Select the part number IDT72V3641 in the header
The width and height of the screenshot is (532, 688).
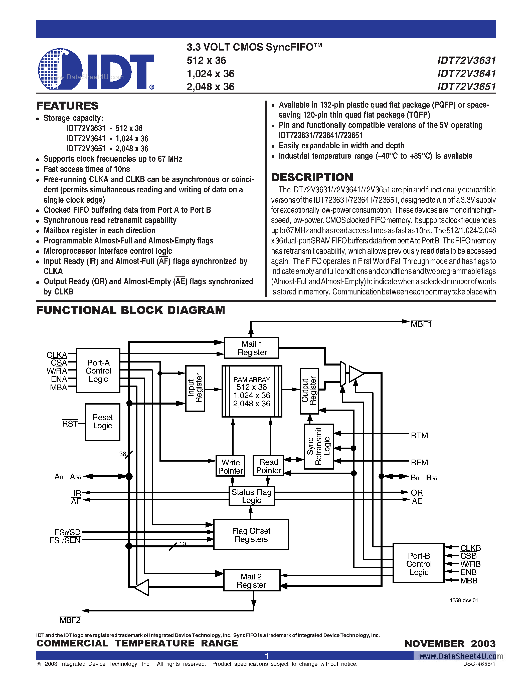[466, 73]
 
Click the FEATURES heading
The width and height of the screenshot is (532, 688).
[67, 106]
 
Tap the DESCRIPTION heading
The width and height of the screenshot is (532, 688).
[312, 177]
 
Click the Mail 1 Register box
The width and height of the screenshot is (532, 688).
[251, 348]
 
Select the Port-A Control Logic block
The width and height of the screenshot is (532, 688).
[98, 371]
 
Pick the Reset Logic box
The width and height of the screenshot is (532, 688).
[102, 422]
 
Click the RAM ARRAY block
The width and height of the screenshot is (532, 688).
[252, 391]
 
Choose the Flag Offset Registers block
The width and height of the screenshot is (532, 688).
[251, 535]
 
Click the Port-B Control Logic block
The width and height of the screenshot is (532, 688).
[418, 564]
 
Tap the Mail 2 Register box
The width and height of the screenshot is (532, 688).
[251, 580]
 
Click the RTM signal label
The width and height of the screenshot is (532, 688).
[419, 436]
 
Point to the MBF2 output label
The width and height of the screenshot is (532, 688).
[70, 620]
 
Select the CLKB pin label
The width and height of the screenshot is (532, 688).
[470, 548]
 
